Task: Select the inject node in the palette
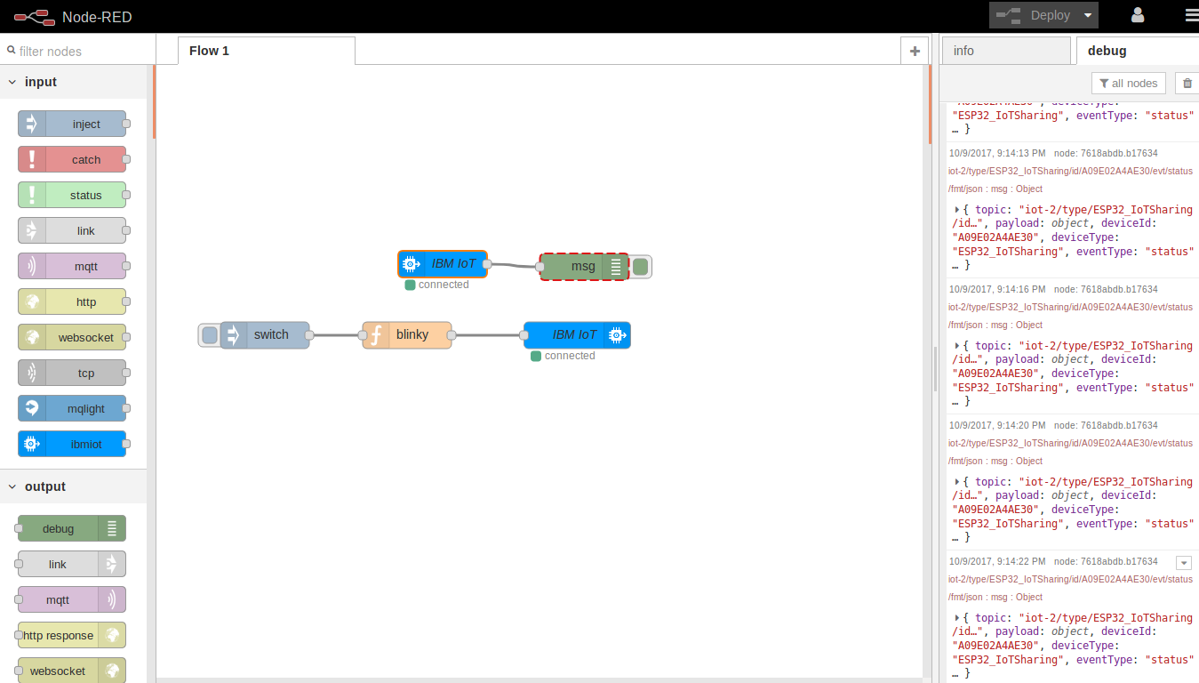(x=72, y=125)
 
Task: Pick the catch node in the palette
(x=72, y=160)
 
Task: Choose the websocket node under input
(x=72, y=338)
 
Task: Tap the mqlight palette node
(x=72, y=409)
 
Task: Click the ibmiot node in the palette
(x=72, y=445)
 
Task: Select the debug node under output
(x=72, y=529)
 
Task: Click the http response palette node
(x=72, y=636)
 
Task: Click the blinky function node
(x=407, y=335)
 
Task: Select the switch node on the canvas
(x=265, y=335)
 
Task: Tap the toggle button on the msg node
(x=641, y=267)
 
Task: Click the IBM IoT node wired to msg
(x=443, y=264)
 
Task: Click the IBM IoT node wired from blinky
(x=577, y=335)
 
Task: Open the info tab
(x=1005, y=51)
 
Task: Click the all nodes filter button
(x=1128, y=84)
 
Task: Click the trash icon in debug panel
(x=1187, y=84)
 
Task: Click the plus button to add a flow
(x=914, y=52)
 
